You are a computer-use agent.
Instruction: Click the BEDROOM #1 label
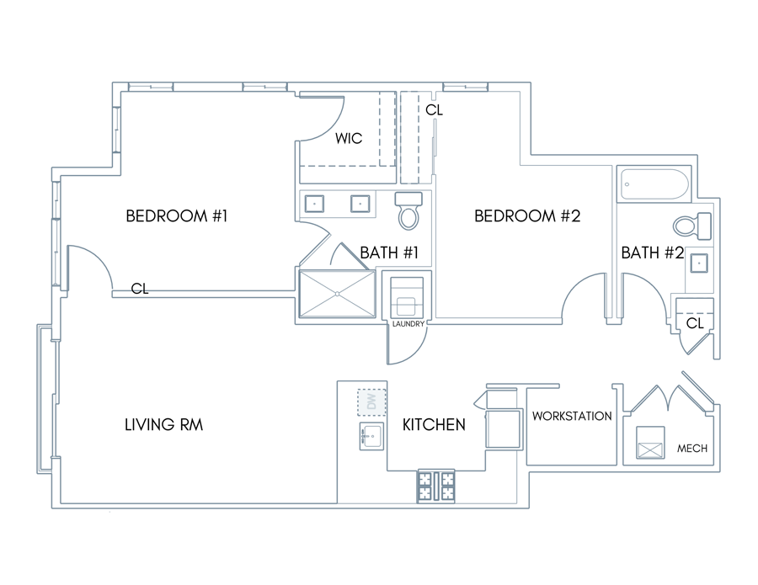click(177, 216)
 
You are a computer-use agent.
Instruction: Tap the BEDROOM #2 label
click(527, 216)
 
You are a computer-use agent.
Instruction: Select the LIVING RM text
click(164, 424)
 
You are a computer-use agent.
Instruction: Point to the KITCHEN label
click(434, 424)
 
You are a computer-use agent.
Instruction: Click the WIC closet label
click(349, 139)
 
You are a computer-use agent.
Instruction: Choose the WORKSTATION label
click(572, 416)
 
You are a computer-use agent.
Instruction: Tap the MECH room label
click(691, 449)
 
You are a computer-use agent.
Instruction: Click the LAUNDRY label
click(408, 324)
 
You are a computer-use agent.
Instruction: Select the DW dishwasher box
click(371, 402)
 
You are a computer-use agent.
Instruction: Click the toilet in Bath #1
click(408, 210)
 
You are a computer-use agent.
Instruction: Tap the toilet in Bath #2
click(693, 226)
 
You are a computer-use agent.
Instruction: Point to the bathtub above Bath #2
click(654, 184)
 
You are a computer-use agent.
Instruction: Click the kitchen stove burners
click(435, 486)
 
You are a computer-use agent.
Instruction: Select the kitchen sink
click(371, 437)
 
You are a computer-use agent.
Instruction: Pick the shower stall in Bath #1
click(338, 294)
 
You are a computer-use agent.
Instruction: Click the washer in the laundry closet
click(407, 296)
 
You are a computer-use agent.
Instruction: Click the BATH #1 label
click(389, 253)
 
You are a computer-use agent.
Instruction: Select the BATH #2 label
click(652, 253)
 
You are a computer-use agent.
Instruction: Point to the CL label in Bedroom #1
click(140, 289)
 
